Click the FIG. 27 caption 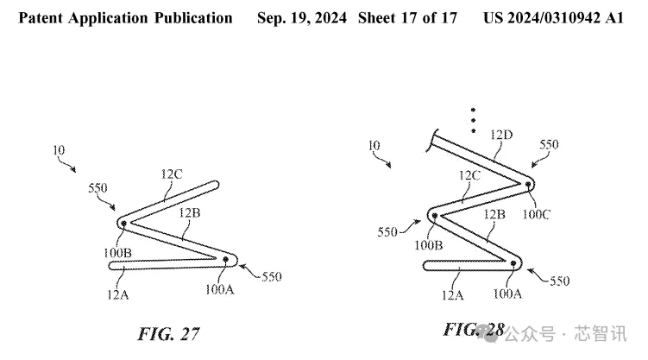click(x=168, y=334)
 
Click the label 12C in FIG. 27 click(x=172, y=174)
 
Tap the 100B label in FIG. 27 click(x=117, y=252)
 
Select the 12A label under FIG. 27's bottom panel click(x=118, y=294)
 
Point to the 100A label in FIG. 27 click(x=219, y=289)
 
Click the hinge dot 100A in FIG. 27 click(x=226, y=260)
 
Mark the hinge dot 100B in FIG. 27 click(x=123, y=224)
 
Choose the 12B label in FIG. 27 click(x=189, y=213)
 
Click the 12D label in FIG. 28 click(x=501, y=135)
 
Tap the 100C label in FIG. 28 click(x=536, y=214)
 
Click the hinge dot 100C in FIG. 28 click(x=528, y=185)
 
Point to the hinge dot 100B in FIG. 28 click(x=434, y=215)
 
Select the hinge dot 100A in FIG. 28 click(x=513, y=263)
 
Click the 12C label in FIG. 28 click(x=469, y=175)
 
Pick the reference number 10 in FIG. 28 click(x=374, y=146)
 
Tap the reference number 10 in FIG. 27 click(x=59, y=150)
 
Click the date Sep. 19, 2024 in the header click(x=302, y=18)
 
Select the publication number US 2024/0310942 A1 click(x=553, y=18)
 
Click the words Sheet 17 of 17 click(x=407, y=18)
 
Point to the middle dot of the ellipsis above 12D click(x=473, y=120)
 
